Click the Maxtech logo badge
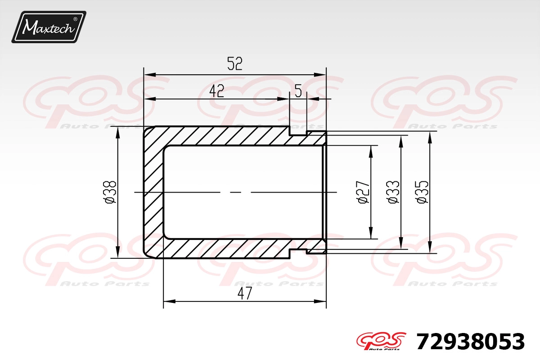tap(49, 27)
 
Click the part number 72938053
tap(470, 342)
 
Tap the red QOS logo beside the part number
tap(381, 341)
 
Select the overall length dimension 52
tap(235, 63)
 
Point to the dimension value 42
tap(217, 90)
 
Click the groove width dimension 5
tap(298, 91)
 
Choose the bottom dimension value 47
tap(245, 293)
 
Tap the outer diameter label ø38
tap(111, 192)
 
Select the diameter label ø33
tap(393, 192)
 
